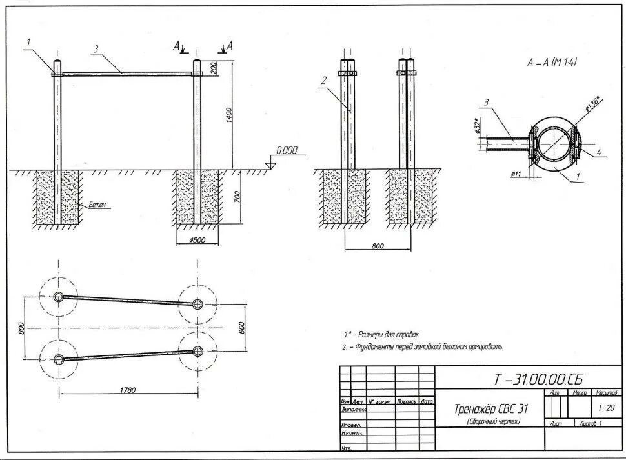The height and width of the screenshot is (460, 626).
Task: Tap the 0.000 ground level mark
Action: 287,151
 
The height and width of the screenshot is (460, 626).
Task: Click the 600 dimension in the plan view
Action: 241,328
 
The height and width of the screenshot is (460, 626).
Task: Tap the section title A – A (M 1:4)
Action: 552,63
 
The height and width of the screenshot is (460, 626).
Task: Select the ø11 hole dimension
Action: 516,174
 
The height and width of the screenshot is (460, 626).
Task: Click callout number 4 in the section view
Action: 599,152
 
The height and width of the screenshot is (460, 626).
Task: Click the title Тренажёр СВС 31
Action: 492,409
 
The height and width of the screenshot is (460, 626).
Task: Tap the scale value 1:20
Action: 606,408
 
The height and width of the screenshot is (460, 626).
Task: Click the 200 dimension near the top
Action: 230,68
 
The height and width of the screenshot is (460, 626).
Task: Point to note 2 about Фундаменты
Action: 423,347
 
